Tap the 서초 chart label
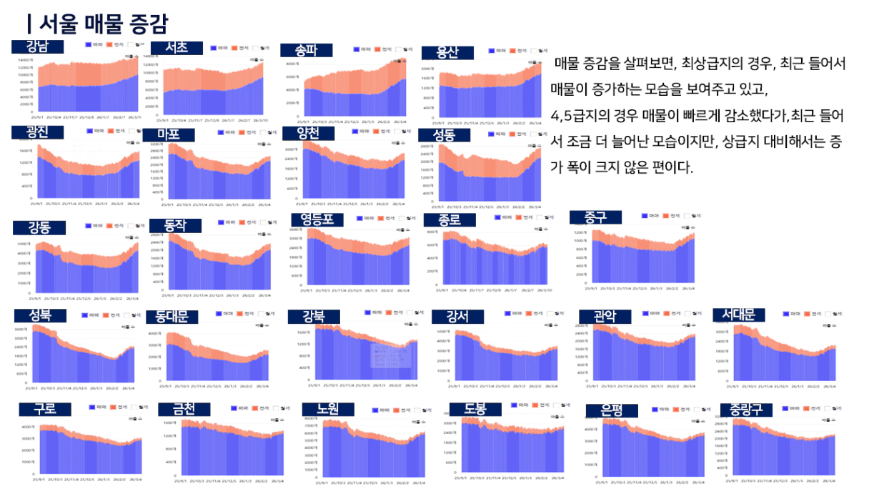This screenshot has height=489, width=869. (176, 48)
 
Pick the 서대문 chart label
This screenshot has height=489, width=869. (739, 315)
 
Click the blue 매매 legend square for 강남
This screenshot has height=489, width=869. (89, 44)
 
